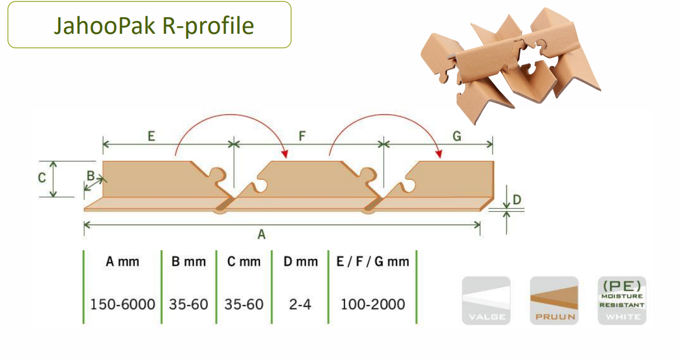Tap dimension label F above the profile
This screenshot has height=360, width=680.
pyautogui.click(x=302, y=135)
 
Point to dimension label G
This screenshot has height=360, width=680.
pyautogui.click(x=457, y=135)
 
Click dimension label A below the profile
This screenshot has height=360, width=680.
pyautogui.click(x=261, y=235)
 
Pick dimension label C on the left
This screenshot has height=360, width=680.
pyautogui.click(x=42, y=178)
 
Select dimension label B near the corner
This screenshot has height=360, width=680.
pyautogui.click(x=90, y=175)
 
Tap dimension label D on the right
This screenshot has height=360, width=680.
pyautogui.click(x=517, y=199)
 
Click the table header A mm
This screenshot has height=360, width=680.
pyautogui.click(x=123, y=261)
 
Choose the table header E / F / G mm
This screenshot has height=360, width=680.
pyautogui.click(x=372, y=261)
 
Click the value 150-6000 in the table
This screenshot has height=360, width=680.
pyautogui.click(x=123, y=304)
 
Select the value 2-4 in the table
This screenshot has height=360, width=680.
pyautogui.click(x=300, y=304)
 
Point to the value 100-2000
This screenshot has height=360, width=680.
pyautogui.click(x=372, y=304)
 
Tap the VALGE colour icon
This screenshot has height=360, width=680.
pyautogui.click(x=486, y=300)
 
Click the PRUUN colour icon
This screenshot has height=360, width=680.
pyautogui.click(x=554, y=300)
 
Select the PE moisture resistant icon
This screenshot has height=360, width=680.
pyautogui.click(x=622, y=300)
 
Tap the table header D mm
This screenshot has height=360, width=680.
pyautogui.click(x=300, y=261)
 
